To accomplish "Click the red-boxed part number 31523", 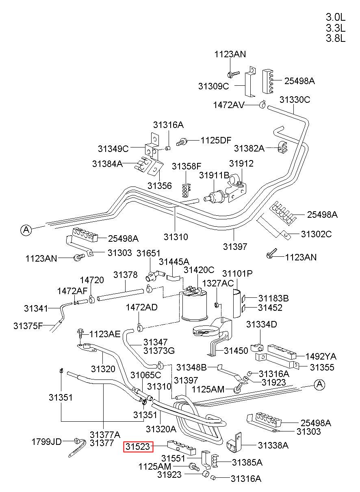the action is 138,447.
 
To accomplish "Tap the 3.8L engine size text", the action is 335,39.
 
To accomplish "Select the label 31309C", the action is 213,86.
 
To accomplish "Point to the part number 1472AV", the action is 229,105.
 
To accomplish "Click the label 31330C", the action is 295,100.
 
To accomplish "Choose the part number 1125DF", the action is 216,140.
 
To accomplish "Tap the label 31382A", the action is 249,148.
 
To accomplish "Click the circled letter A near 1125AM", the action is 320,384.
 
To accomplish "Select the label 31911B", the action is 214,175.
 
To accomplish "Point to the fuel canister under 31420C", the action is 194,304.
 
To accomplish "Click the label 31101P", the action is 237,273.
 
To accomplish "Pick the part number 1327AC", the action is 218,283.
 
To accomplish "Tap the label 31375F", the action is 28,326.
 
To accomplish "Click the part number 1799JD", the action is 47,442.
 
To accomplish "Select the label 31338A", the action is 273,445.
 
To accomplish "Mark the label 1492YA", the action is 321,356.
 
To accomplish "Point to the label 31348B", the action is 191,367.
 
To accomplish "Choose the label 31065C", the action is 145,375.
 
